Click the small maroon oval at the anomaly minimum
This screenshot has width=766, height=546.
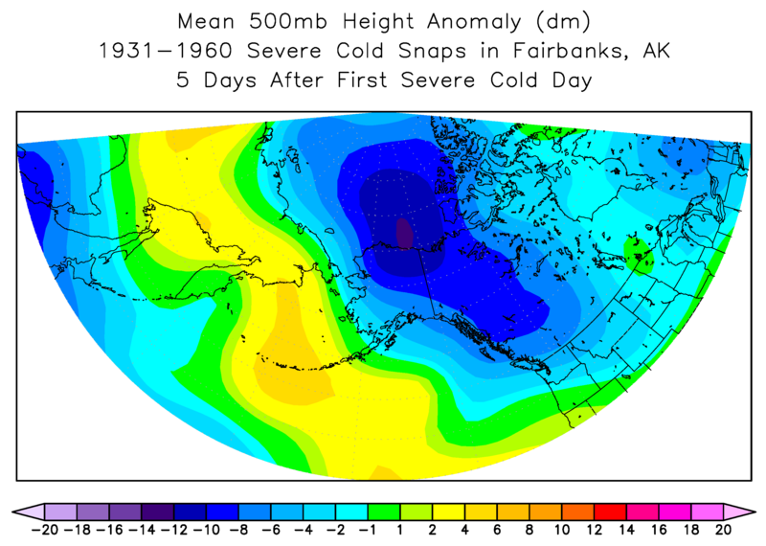[x=404, y=233]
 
